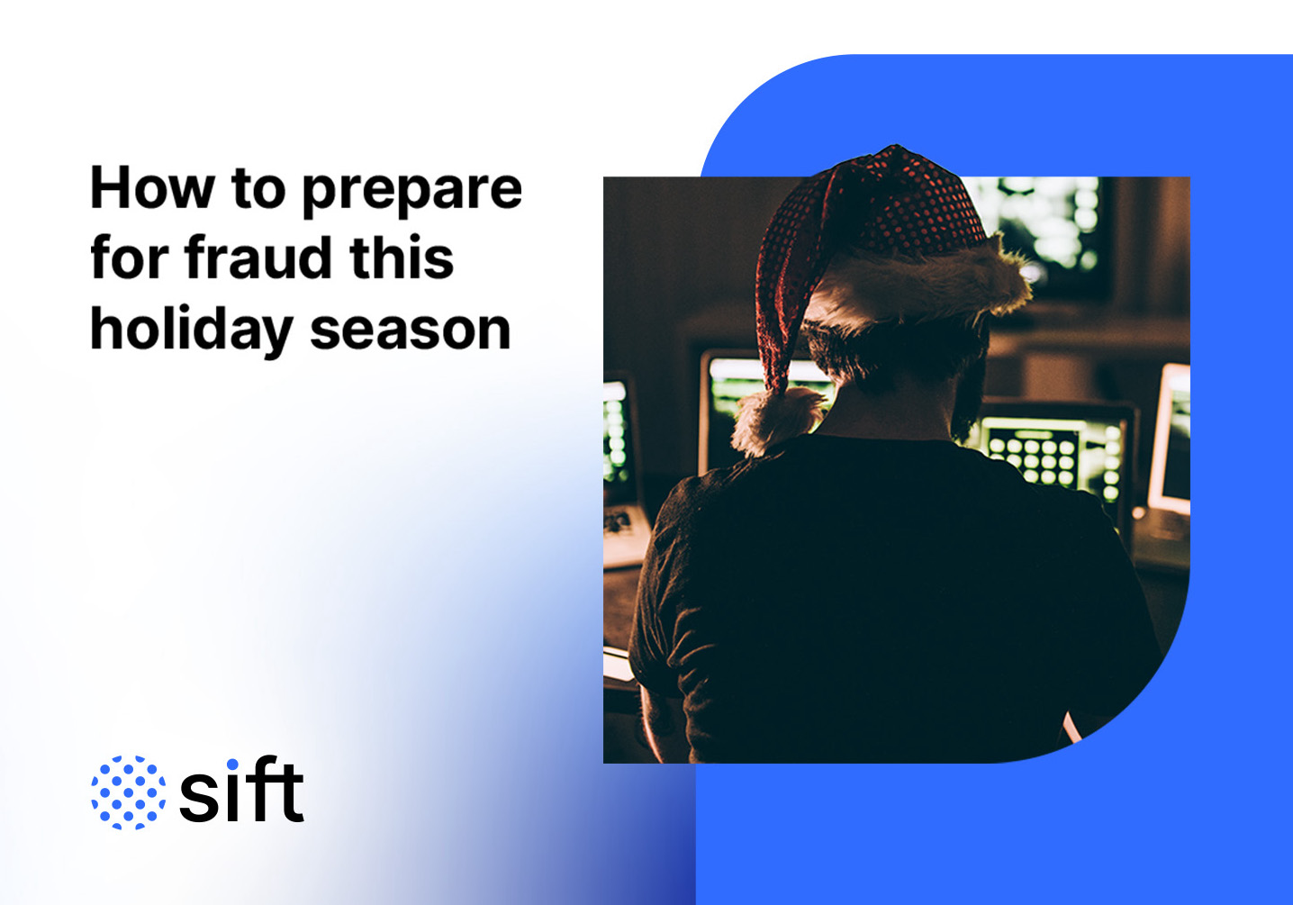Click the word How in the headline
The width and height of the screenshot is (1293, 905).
tap(152, 188)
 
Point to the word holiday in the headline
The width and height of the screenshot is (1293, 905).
tap(192, 331)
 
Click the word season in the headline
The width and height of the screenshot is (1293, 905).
tap(411, 330)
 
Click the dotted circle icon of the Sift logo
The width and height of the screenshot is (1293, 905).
tap(129, 792)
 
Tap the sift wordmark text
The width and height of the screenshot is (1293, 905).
tap(241, 792)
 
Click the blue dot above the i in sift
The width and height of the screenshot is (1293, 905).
tap(232, 765)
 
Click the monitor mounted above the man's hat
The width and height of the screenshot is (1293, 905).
tap(1044, 225)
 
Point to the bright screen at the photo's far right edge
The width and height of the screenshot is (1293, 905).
tap(1171, 441)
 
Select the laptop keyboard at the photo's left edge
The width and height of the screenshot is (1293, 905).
tap(623, 527)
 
